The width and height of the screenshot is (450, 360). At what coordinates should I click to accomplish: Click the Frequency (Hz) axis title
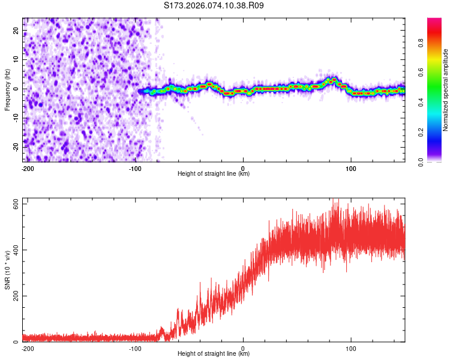click(x=7, y=89)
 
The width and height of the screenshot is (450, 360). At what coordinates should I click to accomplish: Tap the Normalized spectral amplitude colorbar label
click(x=446, y=90)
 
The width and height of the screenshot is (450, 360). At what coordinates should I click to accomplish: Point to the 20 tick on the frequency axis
click(x=16, y=30)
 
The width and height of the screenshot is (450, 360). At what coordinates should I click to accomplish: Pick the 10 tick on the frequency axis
click(x=16, y=59)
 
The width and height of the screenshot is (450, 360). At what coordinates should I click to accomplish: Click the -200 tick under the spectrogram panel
click(x=27, y=168)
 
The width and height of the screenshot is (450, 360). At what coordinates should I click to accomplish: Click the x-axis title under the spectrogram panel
click(x=214, y=174)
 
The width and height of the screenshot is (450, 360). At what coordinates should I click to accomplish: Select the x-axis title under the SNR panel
click(x=214, y=354)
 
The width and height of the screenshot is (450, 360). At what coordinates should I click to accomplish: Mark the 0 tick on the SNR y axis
click(x=17, y=342)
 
